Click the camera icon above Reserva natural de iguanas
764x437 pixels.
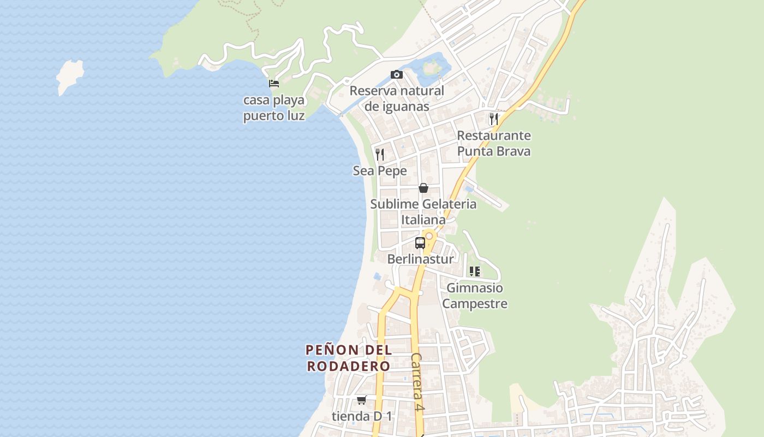pyautogui.click(x=397, y=75)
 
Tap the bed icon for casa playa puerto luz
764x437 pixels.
pyautogui.click(x=274, y=84)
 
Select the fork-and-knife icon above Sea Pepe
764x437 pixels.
pyautogui.click(x=380, y=155)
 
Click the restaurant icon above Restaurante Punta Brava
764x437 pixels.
pyautogui.click(x=494, y=119)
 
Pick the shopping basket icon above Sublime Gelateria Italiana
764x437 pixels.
pyautogui.click(x=423, y=188)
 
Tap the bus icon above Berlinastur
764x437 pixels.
pyautogui.click(x=420, y=243)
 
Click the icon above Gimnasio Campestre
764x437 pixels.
pyautogui.click(x=475, y=271)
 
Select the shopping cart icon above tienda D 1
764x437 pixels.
pyautogui.click(x=361, y=400)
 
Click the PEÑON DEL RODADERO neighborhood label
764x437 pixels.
pyautogui.click(x=349, y=358)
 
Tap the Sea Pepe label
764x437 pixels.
pyautogui.click(x=380, y=171)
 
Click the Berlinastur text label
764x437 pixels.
pyautogui.click(x=420, y=259)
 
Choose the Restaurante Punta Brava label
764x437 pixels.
pyautogui.click(x=494, y=143)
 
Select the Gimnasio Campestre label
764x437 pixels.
pyautogui.click(x=475, y=296)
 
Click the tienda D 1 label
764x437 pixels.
pyautogui.click(x=362, y=416)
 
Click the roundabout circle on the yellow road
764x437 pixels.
pyautogui.click(x=429, y=236)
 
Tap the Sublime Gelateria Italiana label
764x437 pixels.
pyautogui.click(x=423, y=212)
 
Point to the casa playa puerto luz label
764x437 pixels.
pyautogui.click(x=274, y=108)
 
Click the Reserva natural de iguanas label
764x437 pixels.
pyautogui.click(x=397, y=98)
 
